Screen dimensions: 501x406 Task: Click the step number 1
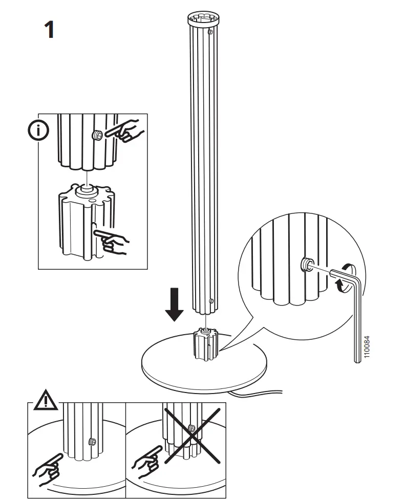pyautogui.click(x=48, y=30)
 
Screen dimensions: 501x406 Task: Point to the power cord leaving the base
pyautogui.click(x=261, y=394)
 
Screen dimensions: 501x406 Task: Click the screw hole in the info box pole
pyautogui.click(x=96, y=135)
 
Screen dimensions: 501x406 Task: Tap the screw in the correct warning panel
pyautogui.click(x=93, y=441)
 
